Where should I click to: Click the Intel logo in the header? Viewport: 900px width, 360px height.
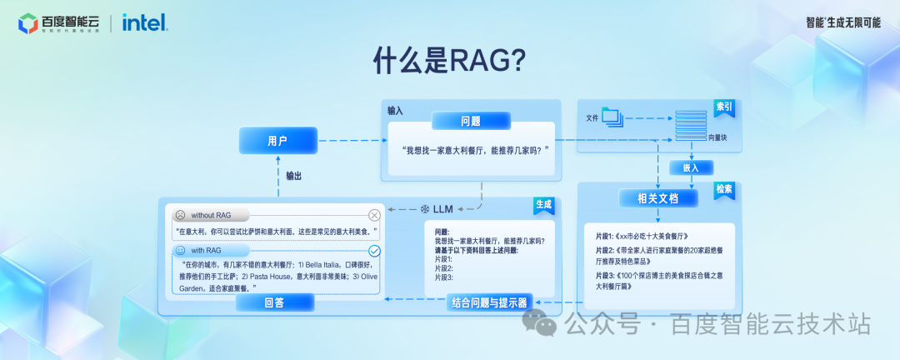144,22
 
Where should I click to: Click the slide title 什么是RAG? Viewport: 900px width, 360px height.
450,61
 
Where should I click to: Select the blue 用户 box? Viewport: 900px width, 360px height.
277,141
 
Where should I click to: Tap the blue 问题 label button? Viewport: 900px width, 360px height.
470,122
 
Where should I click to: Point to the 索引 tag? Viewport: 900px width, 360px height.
724,107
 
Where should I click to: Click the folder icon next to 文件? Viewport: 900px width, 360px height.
612,117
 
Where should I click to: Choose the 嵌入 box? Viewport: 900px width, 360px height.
691,167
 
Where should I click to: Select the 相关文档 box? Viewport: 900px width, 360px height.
657,199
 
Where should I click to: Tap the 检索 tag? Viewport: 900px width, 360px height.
723,189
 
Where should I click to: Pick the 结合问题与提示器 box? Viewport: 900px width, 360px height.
488,302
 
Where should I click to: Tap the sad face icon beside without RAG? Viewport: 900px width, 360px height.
179,215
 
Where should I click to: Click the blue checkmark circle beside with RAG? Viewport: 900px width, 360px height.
374,250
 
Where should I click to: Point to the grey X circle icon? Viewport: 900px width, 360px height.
374,215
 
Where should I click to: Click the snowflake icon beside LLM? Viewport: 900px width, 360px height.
423,207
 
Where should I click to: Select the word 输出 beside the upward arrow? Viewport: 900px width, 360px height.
293,176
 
